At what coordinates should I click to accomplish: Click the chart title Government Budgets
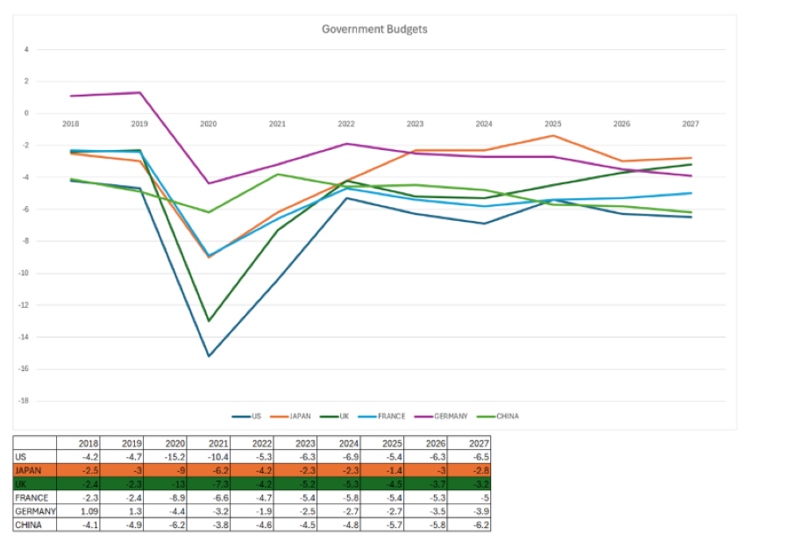(x=374, y=29)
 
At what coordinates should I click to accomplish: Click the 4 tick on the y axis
(x=26, y=49)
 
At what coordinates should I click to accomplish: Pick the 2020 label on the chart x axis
(x=208, y=124)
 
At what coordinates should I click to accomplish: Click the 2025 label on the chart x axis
(x=552, y=124)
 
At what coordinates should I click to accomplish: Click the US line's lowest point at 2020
(x=208, y=356)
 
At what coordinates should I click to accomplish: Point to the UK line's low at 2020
(x=208, y=321)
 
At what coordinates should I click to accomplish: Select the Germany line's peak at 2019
(x=139, y=92)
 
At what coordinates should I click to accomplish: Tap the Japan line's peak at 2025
(x=552, y=135)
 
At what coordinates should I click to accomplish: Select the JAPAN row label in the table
(x=29, y=471)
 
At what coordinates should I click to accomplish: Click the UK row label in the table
(x=22, y=484)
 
